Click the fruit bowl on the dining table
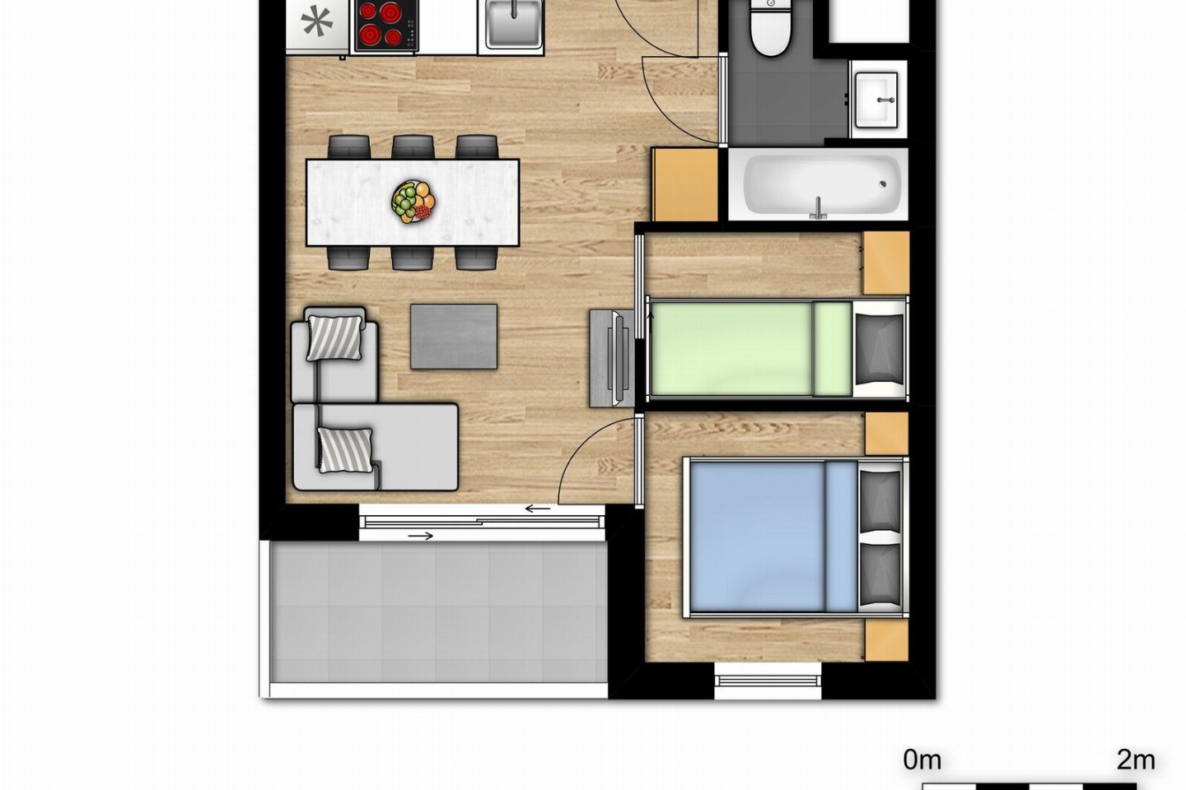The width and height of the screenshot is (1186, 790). click(x=413, y=202)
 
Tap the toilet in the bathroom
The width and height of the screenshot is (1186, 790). click(x=770, y=26)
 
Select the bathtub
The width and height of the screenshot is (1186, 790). click(x=818, y=184)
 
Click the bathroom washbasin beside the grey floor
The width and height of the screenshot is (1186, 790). click(x=876, y=100)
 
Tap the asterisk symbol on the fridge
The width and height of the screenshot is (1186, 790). click(x=316, y=21)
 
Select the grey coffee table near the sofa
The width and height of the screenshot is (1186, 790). click(x=454, y=337)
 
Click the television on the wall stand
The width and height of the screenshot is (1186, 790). click(x=619, y=358)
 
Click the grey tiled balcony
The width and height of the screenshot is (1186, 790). click(x=438, y=612)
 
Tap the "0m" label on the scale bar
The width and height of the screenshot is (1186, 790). click(x=922, y=760)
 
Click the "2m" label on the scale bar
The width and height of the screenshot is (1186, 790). click(x=1136, y=760)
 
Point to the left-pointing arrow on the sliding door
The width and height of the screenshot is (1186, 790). click(x=537, y=509)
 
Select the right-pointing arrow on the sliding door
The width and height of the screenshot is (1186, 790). click(x=421, y=536)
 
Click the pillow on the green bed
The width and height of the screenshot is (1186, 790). click(x=879, y=349)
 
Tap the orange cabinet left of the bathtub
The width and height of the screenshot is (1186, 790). click(x=685, y=184)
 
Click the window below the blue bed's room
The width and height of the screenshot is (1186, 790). click(x=768, y=681)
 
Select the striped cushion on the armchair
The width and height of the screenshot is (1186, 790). click(x=334, y=338)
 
